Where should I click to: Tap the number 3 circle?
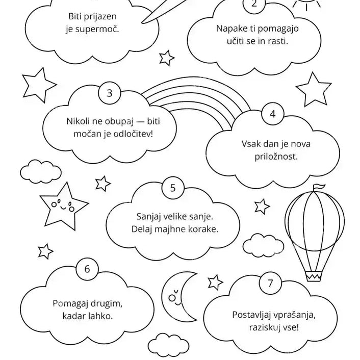pos(110,93)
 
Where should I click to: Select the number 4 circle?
pos(272,114)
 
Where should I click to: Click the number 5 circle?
pos(173,188)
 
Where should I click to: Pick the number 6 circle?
pos(87,269)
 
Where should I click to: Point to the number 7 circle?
pos(270,283)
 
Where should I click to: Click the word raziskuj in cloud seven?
pos(265,327)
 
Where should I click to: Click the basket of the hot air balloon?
pos(314,276)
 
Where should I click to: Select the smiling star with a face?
pos(63,207)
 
